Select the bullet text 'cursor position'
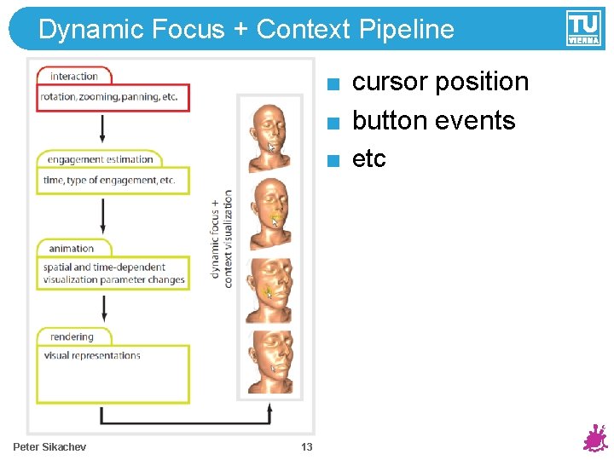440,82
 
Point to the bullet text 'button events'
433,120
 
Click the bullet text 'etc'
369,158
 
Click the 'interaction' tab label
74,76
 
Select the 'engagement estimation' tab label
100,159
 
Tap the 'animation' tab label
72,248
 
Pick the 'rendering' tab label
72,336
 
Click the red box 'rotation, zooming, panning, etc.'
113,97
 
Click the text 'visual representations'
92,356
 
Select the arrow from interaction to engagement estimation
103,127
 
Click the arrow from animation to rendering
103,307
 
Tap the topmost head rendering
269,135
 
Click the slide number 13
307,447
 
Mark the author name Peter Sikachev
49,447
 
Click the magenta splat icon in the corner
594,439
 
